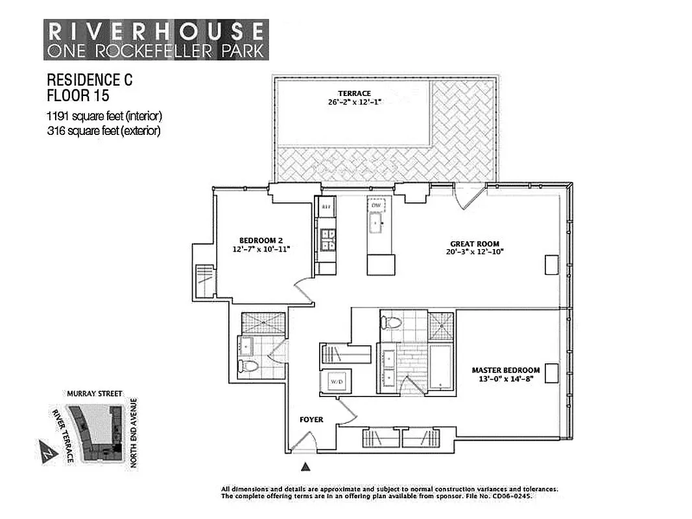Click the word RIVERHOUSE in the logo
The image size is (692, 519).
156,30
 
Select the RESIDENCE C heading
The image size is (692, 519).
89,80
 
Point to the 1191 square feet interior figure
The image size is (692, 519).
104,116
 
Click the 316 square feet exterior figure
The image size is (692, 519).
103,130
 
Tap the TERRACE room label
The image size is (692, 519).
353,93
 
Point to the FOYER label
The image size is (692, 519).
311,420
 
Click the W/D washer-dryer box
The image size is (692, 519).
337,381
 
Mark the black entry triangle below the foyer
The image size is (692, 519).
306,465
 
